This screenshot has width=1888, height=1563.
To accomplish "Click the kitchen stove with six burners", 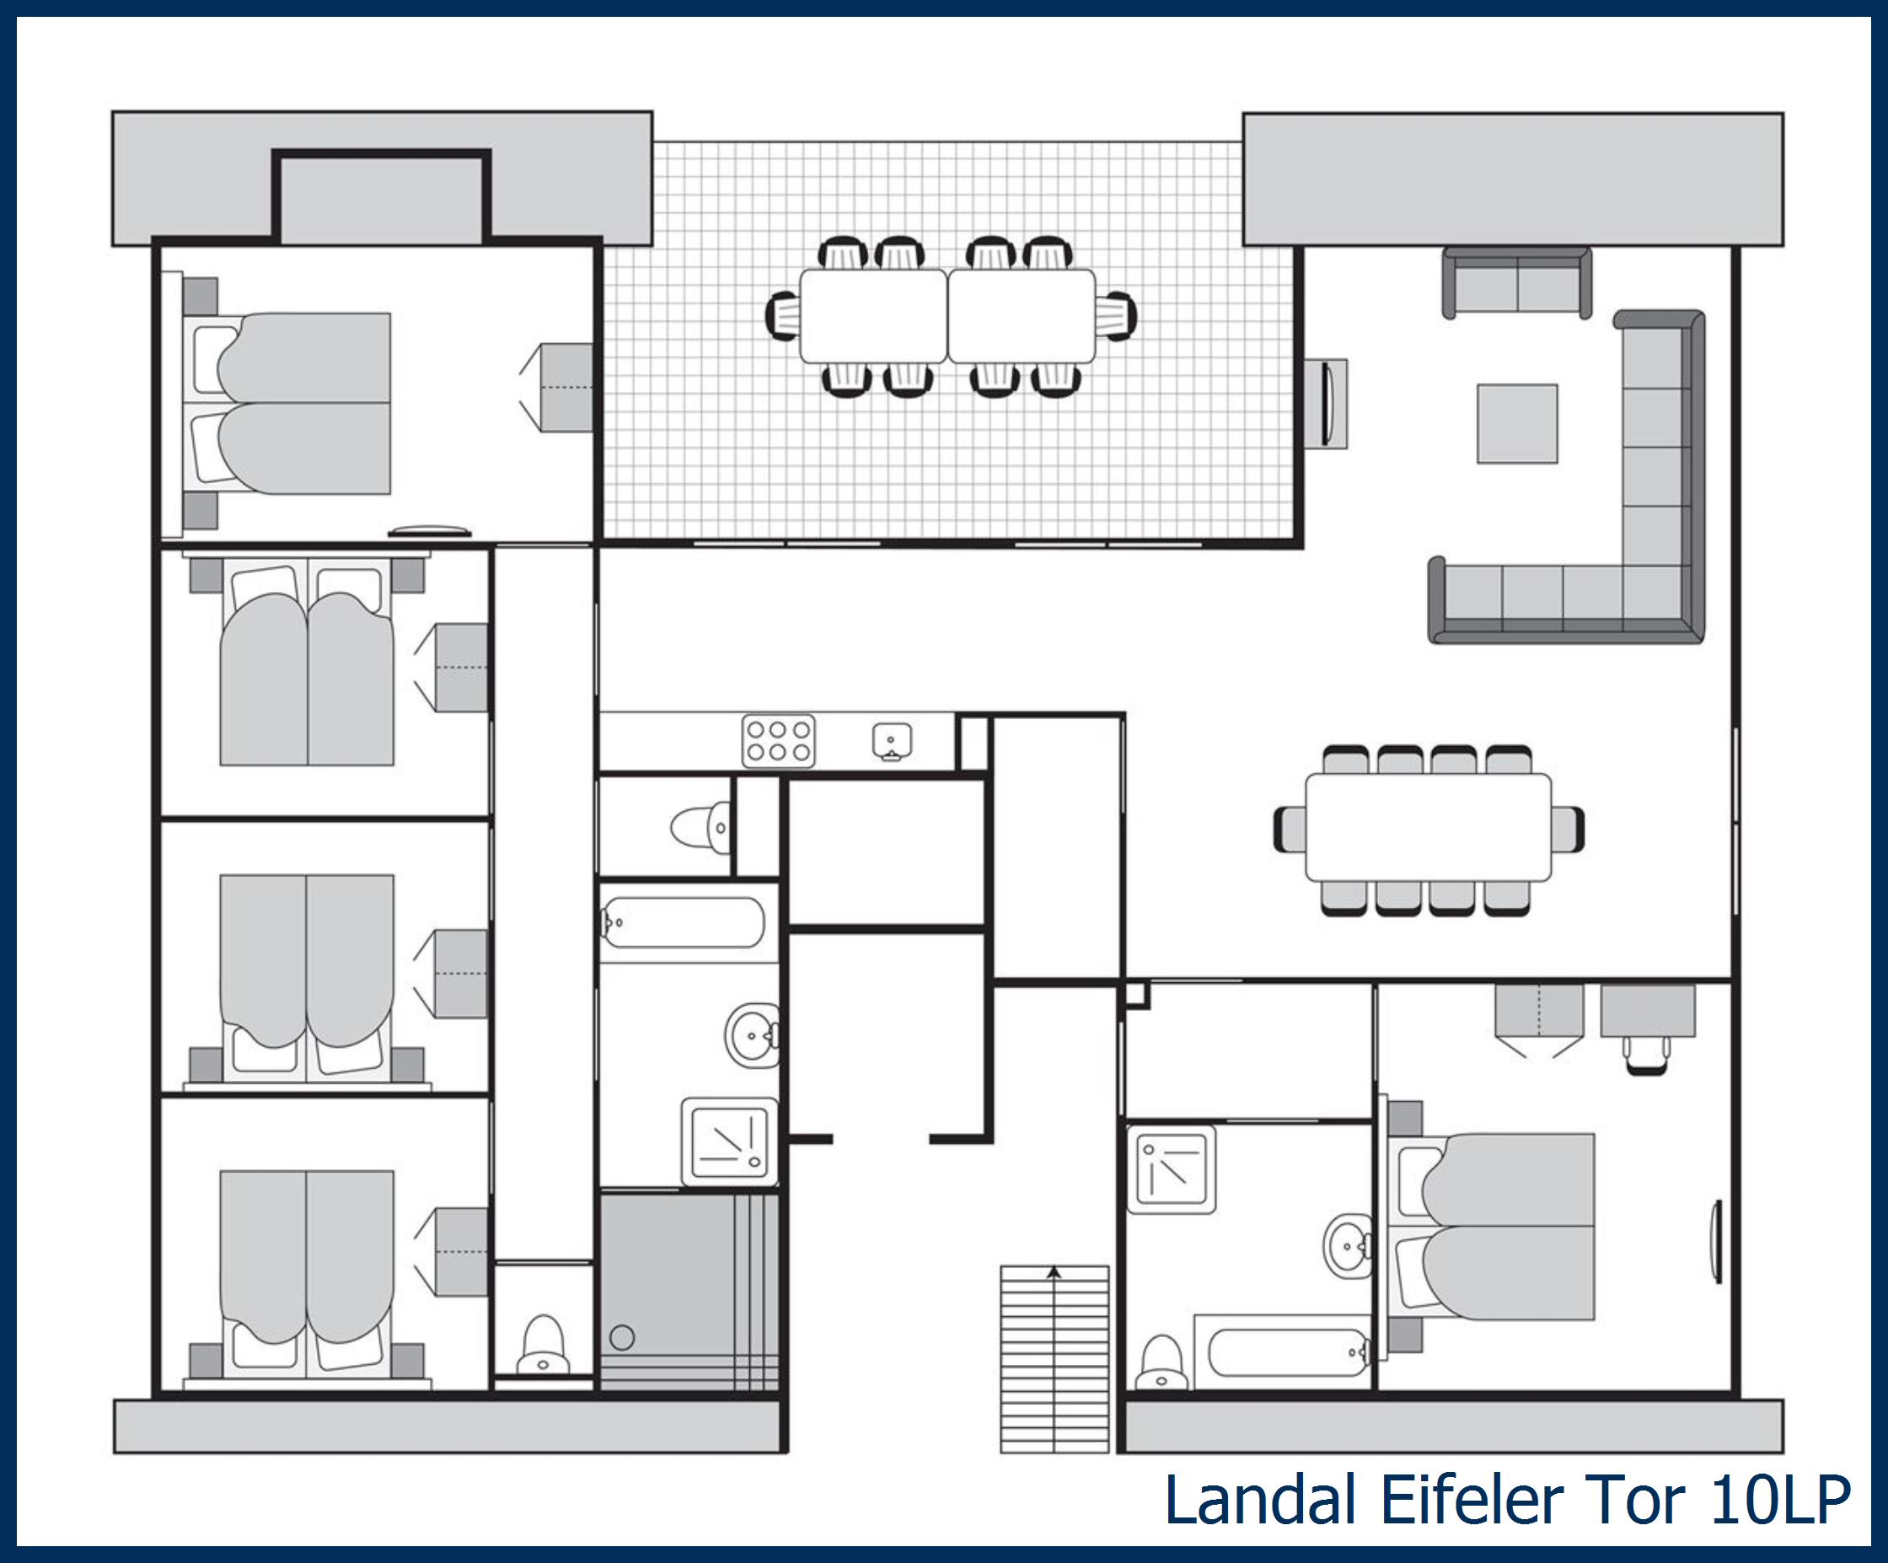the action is [779, 741].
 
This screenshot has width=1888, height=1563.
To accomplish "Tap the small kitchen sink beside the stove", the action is [892, 742].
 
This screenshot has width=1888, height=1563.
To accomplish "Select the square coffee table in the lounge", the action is [1518, 423].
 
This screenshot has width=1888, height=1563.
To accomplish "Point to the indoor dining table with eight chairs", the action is [1429, 827].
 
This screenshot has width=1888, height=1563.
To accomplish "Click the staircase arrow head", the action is [1054, 1272].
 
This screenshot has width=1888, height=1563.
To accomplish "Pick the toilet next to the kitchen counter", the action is [700, 826].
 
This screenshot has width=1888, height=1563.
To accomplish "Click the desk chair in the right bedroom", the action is [1646, 1055].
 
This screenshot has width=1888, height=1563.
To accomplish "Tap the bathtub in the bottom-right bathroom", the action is [1286, 1351].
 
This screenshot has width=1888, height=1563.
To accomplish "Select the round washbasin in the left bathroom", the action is [753, 1035].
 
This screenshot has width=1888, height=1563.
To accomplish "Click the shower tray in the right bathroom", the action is [1172, 1169].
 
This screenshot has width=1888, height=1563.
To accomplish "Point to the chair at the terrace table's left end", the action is [782, 315].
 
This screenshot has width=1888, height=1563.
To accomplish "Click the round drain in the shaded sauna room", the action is [622, 1338].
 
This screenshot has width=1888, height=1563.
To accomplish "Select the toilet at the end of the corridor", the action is [543, 1345].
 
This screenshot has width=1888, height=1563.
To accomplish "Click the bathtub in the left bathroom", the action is [683, 921].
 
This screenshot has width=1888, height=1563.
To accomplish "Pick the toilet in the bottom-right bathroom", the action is [1161, 1362].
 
